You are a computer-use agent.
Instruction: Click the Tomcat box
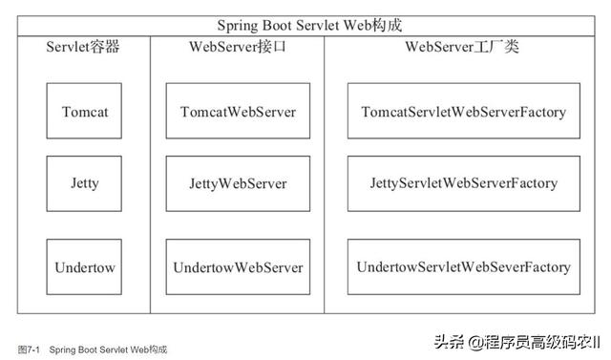85,111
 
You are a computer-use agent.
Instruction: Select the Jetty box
85,183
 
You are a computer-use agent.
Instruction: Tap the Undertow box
85,266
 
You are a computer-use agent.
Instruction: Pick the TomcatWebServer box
238,111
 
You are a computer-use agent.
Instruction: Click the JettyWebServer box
238,183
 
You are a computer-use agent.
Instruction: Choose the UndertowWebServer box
238,266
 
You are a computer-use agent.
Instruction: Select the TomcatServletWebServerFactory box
463,111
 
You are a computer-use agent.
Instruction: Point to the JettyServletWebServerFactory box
463,183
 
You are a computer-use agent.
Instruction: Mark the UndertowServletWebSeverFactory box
463,266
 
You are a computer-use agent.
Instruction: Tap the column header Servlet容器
85,47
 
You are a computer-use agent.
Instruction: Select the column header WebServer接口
238,47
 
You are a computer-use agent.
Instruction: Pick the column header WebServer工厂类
463,47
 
